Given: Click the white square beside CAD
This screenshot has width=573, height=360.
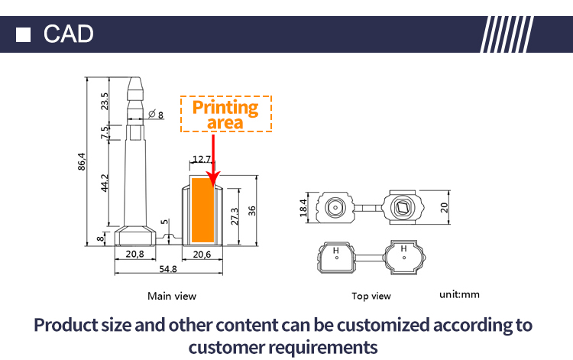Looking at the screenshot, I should (24, 34).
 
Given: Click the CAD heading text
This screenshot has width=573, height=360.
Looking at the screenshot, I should (69, 34).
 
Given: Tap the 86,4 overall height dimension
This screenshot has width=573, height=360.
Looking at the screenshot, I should (82, 162).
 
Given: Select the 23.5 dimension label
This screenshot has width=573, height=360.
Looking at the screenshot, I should (105, 101).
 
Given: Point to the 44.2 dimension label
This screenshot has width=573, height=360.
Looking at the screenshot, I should (105, 183).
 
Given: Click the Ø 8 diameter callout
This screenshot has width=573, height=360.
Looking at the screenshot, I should (157, 115).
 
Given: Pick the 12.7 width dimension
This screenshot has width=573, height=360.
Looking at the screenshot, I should (202, 159).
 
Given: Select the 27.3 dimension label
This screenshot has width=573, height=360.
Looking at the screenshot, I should (235, 214).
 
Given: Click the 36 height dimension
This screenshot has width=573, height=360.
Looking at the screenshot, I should (251, 211).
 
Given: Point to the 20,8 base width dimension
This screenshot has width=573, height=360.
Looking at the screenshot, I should (135, 255).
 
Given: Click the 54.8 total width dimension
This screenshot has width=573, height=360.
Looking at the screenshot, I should (168, 269).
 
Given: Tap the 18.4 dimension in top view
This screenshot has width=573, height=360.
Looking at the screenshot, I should (303, 206).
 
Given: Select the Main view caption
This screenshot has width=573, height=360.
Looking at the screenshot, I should (172, 296).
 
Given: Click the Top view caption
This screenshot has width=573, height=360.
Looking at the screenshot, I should (371, 296).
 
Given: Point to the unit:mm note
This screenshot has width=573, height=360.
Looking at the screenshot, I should (460, 294).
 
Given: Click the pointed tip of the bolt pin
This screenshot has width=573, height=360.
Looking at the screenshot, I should (135, 77).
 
